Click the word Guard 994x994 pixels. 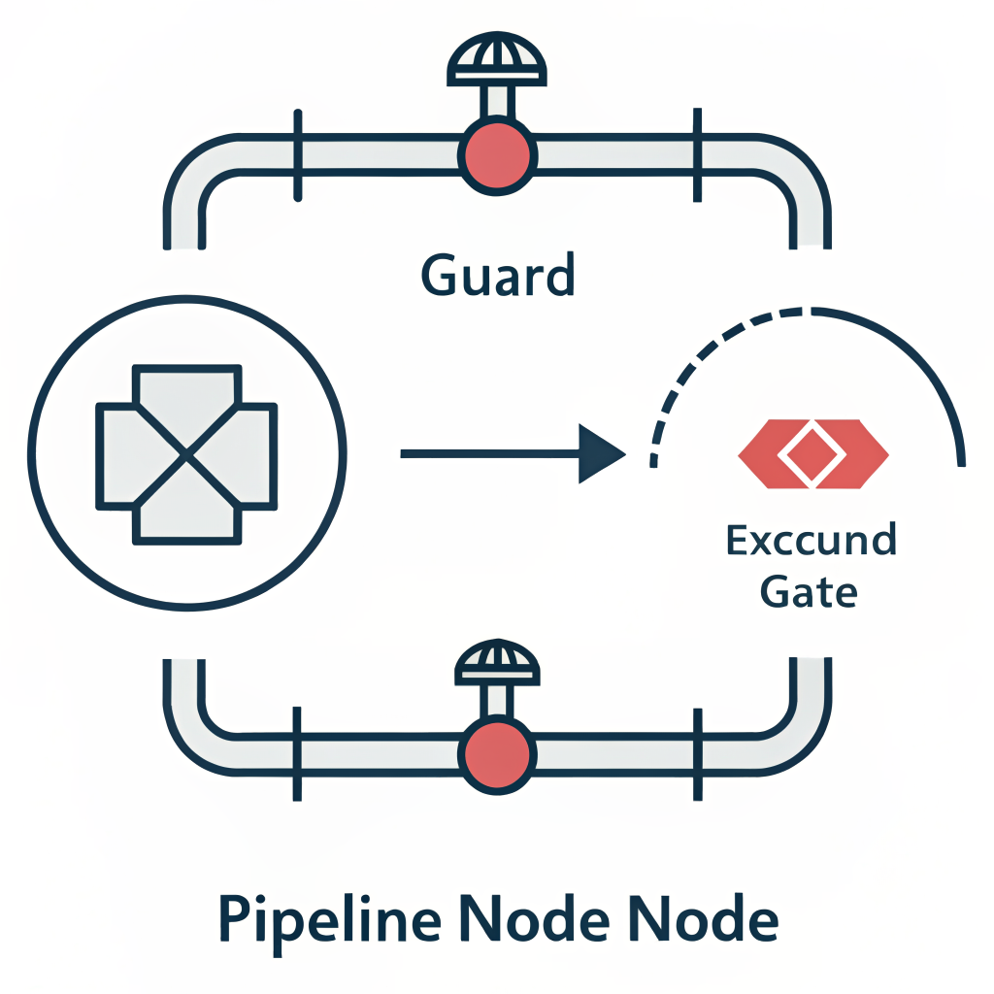(x=498, y=276)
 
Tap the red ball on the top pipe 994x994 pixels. (x=497, y=155)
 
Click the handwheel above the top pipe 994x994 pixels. (x=496, y=63)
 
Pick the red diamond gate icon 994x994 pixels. (x=812, y=453)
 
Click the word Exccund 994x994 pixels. (x=811, y=541)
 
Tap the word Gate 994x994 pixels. (x=809, y=591)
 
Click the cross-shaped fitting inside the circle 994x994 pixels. (x=185, y=453)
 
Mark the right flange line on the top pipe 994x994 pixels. (x=695, y=155)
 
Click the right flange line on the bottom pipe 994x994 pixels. (x=695, y=753)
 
